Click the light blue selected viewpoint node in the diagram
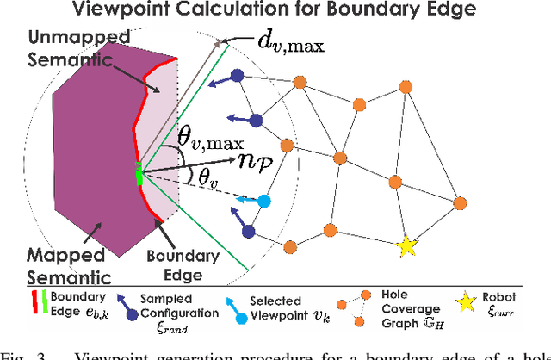264,202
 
